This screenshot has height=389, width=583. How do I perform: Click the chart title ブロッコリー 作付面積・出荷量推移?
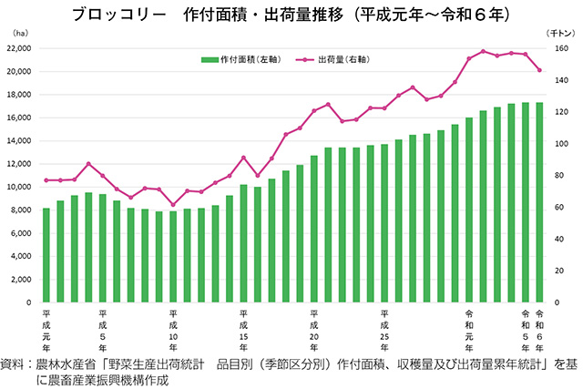(291, 15)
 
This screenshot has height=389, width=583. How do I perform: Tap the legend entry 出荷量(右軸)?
(338, 59)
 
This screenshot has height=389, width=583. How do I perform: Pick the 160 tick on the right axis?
(562, 48)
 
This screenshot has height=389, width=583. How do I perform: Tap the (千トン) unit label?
(557, 32)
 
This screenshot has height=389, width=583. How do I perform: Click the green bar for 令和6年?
(539, 202)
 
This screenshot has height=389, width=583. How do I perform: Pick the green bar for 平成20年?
(314, 229)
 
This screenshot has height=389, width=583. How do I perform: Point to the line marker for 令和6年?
(539, 70)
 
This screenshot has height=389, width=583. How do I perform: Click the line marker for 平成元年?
(46, 179)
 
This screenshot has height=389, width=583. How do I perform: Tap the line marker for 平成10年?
(173, 205)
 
